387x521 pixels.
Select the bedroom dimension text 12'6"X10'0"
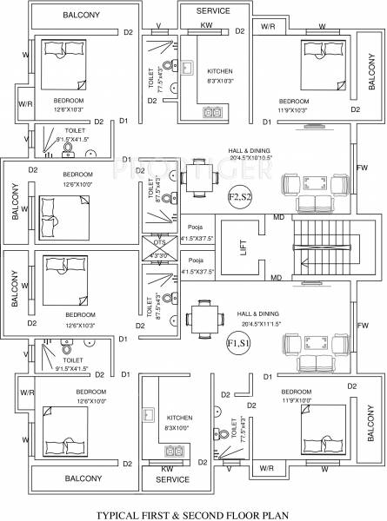point(80,183)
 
